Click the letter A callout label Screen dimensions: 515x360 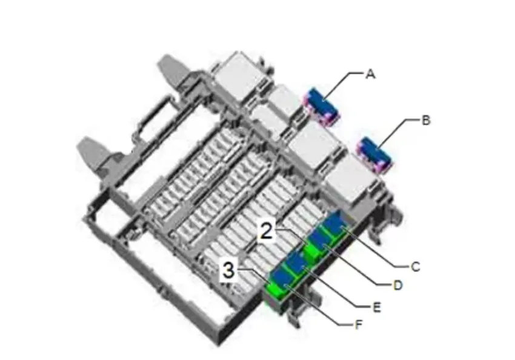pos(370,74)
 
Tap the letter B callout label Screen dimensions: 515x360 pos(426,121)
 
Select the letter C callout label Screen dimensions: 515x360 pos(416,267)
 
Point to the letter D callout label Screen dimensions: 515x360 pos(397,285)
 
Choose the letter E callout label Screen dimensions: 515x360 pos(377,307)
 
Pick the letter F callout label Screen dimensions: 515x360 pos(359,325)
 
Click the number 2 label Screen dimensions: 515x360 pos(267,231)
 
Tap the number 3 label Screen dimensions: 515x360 pos(228,271)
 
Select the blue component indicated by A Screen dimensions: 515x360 pos(322,106)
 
